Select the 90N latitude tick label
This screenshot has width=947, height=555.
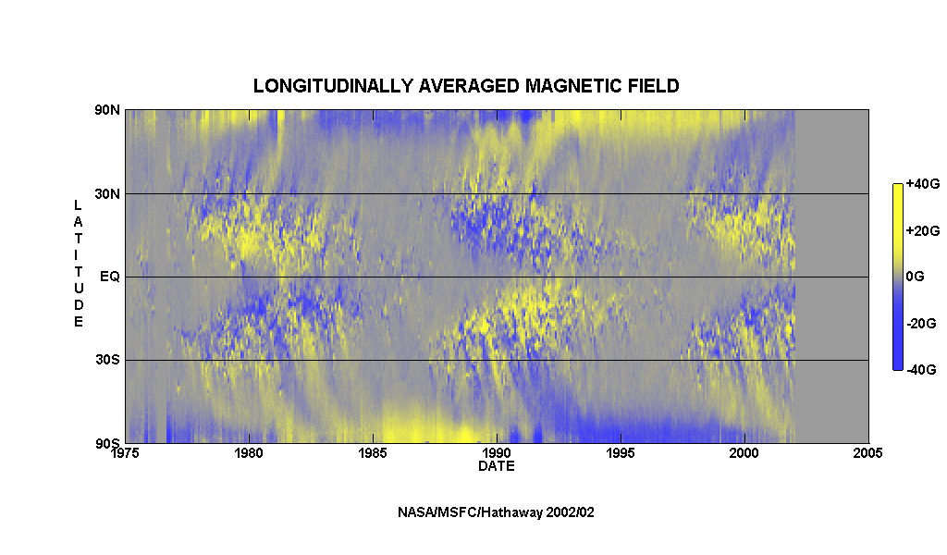click(x=107, y=110)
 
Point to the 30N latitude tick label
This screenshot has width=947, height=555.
click(x=107, y=194)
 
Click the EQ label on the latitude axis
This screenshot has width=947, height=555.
click(x=110, y=277)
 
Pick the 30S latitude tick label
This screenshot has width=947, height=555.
click(x=107, y=360)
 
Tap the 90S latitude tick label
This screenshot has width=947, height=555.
click(x=107, y=444)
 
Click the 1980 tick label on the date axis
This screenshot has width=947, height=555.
click(x=249, y=453)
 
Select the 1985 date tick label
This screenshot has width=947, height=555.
click(x=373, y=453)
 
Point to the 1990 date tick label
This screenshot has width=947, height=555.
click(x=497, y=453)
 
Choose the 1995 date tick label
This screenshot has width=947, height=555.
click(x=621, y=453)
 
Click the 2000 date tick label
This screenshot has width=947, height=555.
click(x=744, y=453)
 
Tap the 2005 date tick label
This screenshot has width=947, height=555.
click(x=867, y=453)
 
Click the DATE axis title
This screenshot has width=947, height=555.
click(x=497, y=466)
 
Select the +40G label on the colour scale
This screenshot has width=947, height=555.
click(x=922, y=184)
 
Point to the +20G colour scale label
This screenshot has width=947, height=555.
click(x=922, y=230)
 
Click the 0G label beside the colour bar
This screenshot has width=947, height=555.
click(x=915, y=277)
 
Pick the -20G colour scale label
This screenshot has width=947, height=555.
click(x=922, y=324)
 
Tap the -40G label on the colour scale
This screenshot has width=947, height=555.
click(x=922, y=370)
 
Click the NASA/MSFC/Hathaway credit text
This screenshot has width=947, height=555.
click(x=496, y=512)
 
